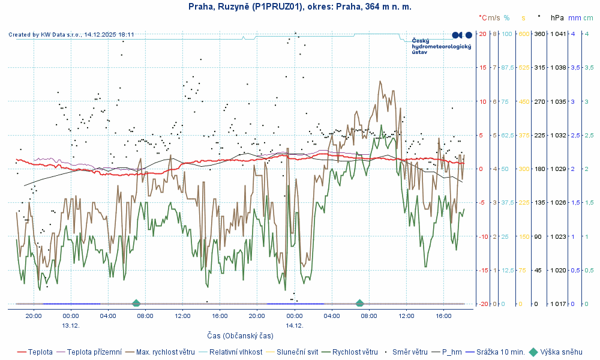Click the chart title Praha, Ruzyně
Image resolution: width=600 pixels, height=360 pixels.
(x=299, y=7)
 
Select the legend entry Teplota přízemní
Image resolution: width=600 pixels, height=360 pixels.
(x=94, y=352)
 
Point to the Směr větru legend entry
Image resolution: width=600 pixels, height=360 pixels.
(x=410, y=352)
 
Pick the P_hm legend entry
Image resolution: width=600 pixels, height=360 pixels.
(x=453, y=352)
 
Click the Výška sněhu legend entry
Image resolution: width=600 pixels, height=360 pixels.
(x=561, y=352)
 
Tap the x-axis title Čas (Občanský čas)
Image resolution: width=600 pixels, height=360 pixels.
(x=240, y=335)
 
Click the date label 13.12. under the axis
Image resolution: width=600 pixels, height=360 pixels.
(x=71, y=325)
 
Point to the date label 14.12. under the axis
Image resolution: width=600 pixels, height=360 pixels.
(x=295, y=325)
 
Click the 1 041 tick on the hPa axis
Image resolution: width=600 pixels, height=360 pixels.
(x=557, y=34)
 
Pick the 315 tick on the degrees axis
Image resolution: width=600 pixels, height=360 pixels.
(x=539, y=67)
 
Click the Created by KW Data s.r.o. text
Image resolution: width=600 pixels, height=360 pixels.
(x=71, y=35)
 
